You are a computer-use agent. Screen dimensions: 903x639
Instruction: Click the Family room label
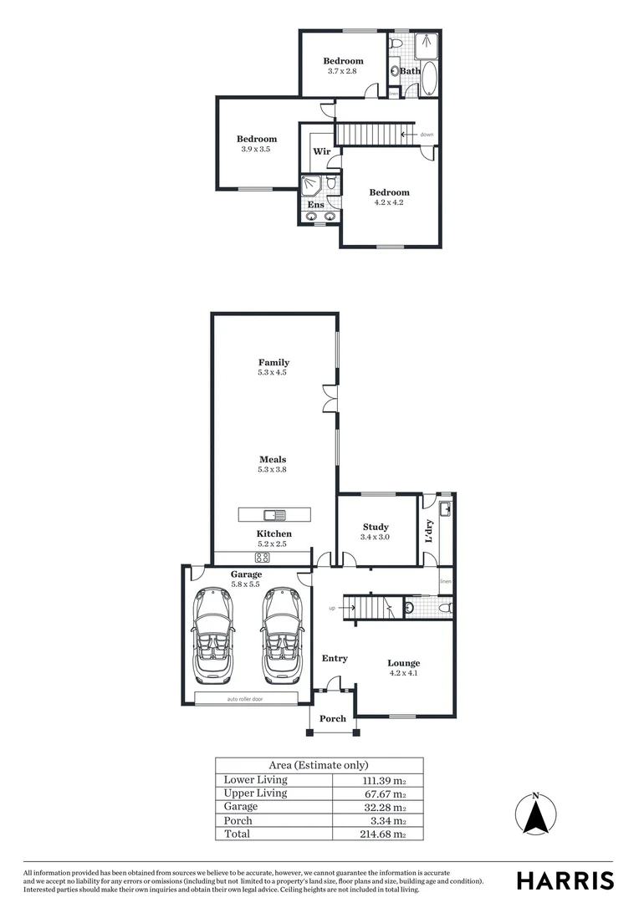pos(273,363)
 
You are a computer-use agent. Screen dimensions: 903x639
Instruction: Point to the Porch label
pos(332,718)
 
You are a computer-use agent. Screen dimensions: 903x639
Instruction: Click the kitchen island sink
pos(273,513)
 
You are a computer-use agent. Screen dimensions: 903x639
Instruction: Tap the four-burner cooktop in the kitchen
pos(262,558)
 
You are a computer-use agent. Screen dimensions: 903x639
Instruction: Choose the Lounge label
pos(404,663)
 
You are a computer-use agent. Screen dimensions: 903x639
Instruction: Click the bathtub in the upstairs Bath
pos(429,79)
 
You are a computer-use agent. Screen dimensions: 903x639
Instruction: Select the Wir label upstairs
pos(321,151)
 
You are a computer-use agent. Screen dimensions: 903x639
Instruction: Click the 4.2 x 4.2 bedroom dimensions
pos(389,202)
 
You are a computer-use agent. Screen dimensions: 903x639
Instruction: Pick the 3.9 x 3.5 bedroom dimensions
pos(256,149)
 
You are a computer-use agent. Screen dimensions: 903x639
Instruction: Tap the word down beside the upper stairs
pos(427,135)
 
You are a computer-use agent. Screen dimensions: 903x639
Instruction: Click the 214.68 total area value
pos(388,834)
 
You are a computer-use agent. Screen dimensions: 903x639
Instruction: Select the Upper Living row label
pos(255,793)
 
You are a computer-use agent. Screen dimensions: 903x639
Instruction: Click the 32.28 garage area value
pos(390,807)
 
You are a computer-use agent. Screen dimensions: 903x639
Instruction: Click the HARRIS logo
pos(565,880)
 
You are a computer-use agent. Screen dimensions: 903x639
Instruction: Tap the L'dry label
pos(428,531)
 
